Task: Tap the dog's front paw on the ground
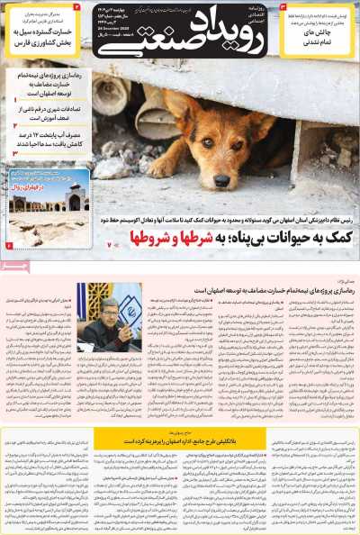163,168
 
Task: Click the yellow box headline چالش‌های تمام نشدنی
318,38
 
